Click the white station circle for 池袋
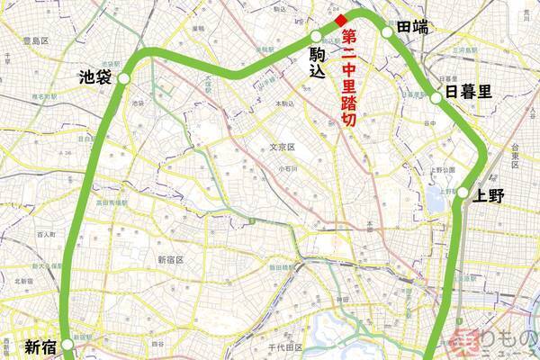click(123, 79)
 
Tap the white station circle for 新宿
click(70, 344)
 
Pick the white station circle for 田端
click(387, 32)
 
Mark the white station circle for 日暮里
click(436, 97)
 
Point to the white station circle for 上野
click(462, 193)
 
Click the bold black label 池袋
click(95, 78)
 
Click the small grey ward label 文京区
click(283, 147)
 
